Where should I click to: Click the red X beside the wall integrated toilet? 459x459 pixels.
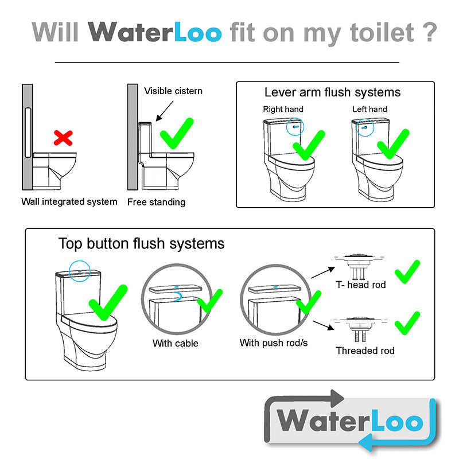[x=63, y=138]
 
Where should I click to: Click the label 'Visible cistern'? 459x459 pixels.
[x=173, y=91]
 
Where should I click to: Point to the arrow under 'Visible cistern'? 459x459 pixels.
[x=165, y=111]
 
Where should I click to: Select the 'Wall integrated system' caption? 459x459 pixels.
[x=69, y=202]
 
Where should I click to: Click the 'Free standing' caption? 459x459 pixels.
[x=156, y=202]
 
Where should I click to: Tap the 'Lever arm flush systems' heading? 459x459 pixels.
[x=332, y=92]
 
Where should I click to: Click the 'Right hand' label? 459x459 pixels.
[x=283, y=109]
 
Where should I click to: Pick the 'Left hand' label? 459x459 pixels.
[x=369, y=109]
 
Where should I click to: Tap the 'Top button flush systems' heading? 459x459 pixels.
[x=141, y=243]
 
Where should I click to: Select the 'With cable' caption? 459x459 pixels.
[x=176, y=343]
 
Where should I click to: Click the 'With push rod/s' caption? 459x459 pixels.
[x=274, y=343]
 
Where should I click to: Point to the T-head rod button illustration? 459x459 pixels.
[x=358, y=267]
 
